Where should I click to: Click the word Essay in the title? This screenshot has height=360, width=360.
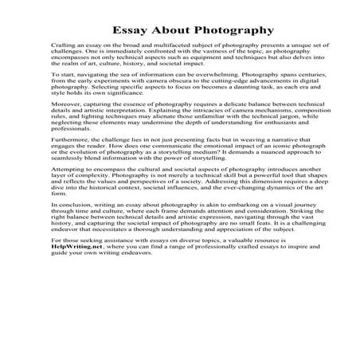pyautogui.click(x=127, y=30)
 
